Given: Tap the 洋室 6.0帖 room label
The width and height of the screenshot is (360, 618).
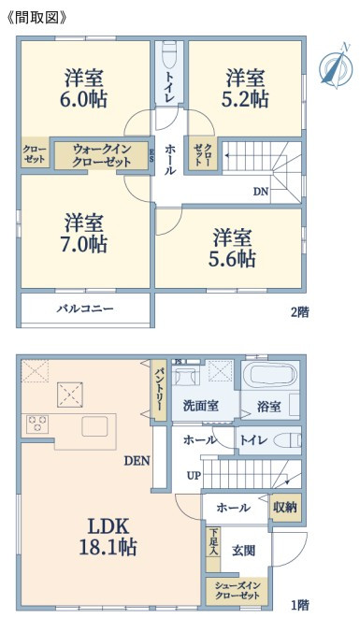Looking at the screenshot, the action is coord(83,89).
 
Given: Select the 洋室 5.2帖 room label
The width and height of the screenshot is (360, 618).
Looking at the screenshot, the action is coord(245,89).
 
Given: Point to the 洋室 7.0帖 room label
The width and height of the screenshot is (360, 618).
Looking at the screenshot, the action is coord(83,234).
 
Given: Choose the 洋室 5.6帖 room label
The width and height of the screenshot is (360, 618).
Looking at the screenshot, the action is coord(232,249).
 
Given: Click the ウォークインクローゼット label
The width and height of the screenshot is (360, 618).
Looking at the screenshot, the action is coord(102,156).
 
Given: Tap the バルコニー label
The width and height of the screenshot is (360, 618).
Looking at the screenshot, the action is coord(85,309).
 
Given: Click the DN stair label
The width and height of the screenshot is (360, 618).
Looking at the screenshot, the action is coord(261,192).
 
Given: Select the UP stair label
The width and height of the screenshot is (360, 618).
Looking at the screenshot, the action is coord(194,476).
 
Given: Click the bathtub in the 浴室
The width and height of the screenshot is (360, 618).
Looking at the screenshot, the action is coord(269,375).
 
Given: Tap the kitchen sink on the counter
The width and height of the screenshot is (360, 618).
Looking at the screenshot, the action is coord(94,427).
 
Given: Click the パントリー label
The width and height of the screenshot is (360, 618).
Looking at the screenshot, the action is coord(159,390).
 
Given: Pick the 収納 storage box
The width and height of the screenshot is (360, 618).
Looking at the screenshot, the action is coord(285,508).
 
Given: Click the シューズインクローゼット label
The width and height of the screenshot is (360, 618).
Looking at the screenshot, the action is coord(238,590).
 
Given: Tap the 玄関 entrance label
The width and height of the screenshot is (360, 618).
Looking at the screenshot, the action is coord(243,551).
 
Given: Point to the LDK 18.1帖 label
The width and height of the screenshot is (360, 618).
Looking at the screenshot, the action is coord(108,537).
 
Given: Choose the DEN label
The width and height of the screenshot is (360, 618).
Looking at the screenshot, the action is coord(137,461).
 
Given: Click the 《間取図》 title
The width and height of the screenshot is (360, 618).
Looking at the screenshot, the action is coord(37,18).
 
